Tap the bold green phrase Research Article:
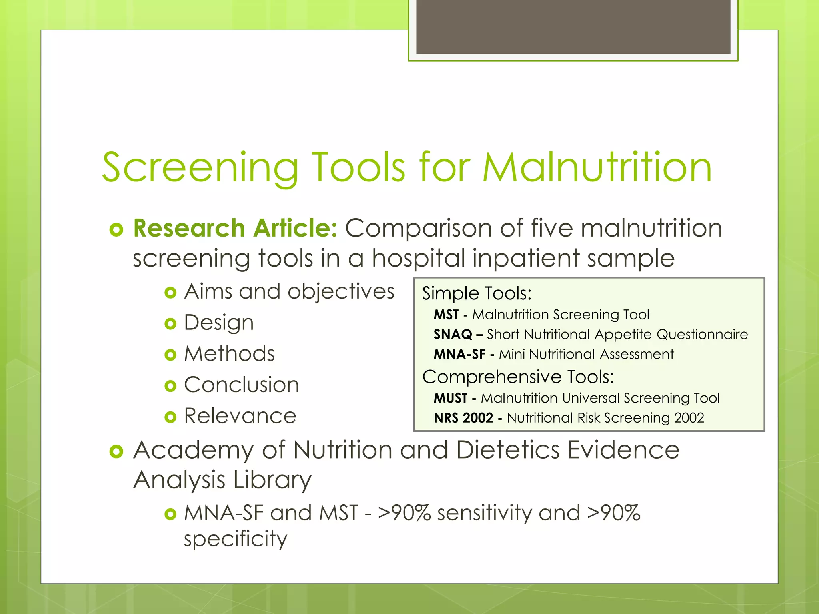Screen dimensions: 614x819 point(235,228)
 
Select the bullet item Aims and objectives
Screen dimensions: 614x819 point(289,291)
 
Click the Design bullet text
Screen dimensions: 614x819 point(218,323)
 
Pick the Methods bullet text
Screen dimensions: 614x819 point(229,354)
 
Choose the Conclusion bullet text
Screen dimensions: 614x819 point(241,385)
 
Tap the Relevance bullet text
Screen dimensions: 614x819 point(240,416)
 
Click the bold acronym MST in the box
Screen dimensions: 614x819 point(446,315)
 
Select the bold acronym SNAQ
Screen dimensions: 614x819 point(453,335)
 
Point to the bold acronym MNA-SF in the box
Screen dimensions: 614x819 point(459,354)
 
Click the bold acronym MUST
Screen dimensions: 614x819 point(450,398)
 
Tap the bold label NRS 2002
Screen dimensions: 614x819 point(463,418)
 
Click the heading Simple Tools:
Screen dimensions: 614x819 point(477,293)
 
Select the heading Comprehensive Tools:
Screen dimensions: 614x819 point(518,377)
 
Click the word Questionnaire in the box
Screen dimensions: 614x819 point(702,335)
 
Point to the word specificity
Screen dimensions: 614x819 point(235,539)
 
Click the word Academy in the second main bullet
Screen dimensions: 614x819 point(194,451)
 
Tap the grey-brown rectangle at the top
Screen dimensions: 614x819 point(573,26)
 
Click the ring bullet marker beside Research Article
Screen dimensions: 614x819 point(116,230)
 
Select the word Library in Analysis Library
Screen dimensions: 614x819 point(272,480)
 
